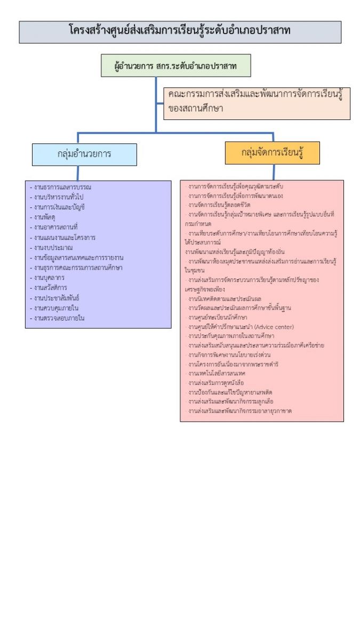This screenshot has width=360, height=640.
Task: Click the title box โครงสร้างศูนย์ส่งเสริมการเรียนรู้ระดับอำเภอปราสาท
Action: pyautogui.click(x=180, y=31)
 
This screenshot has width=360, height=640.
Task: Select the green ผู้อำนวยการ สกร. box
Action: pyautogui.click(x=175, y=66)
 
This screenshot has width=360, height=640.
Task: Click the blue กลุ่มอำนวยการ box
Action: pyautogui.click(x=84, y=154)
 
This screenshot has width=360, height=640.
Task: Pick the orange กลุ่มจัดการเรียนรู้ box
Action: pyautogui.click(x=273, y=153)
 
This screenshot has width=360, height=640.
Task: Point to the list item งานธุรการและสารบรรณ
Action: pyautogui.click(x=62, y=187)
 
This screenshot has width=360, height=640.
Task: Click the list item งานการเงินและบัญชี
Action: pyautogui.click(x=59, y=207)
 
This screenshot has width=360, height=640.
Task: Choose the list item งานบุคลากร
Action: pyautogui.click(x=50, y=278)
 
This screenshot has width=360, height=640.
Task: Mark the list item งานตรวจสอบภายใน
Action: pyautogui.click(x=59, y=318)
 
